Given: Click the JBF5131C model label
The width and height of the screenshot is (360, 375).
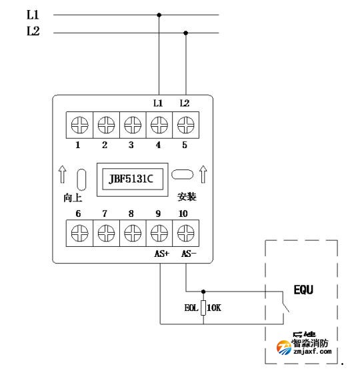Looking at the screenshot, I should (x=131, y=179).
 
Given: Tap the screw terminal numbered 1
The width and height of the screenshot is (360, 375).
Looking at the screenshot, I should (x=79, y=124).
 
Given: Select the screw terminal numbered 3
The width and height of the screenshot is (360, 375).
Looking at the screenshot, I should (x=132, y=124).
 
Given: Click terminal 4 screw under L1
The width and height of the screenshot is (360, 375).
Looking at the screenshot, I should (x=159, y=124).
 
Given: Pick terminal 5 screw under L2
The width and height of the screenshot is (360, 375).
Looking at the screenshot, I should (x=185, y=124).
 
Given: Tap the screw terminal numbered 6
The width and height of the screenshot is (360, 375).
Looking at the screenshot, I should (x=79, y=233).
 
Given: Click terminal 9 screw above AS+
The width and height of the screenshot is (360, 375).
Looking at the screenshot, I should (x=159, y=233).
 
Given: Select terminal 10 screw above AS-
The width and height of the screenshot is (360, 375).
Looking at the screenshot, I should (x=185, y=233).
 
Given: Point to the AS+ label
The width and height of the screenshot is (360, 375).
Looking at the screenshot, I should (x=159, y=254).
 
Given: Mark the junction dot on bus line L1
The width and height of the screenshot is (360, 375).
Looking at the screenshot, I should (x=159, y=14).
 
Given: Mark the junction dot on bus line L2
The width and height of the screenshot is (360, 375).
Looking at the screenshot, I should (x=185, y=32).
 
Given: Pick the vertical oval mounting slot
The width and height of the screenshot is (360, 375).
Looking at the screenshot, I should (x=81, y=181).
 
